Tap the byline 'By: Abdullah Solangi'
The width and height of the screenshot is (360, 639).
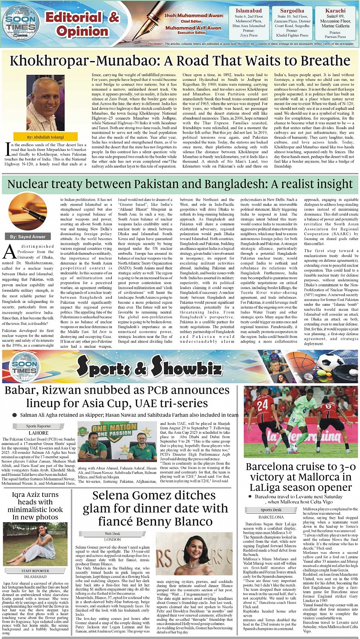[x=38, y=137]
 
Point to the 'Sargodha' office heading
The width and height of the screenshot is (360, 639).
[x=292, y=10]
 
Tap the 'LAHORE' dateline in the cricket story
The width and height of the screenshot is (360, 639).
[x=38, y=433]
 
